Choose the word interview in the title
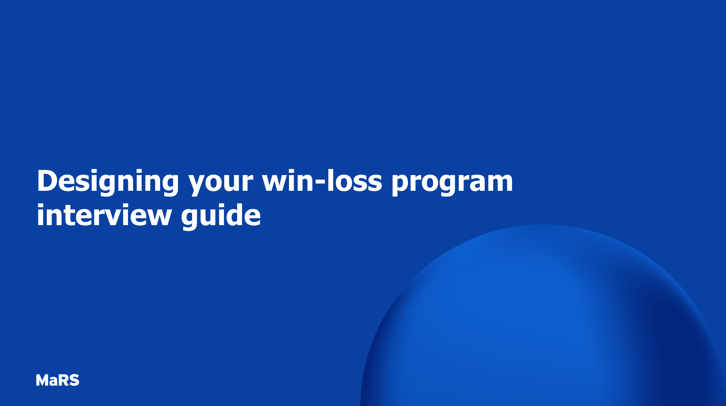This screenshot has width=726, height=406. [x=104, y=216]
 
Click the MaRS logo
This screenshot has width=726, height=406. [x=58, y=380]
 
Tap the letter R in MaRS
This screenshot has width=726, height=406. [x=63, y=380]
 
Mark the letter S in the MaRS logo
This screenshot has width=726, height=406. [x=74, y=380]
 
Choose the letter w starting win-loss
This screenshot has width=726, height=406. [x=275, y=183]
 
